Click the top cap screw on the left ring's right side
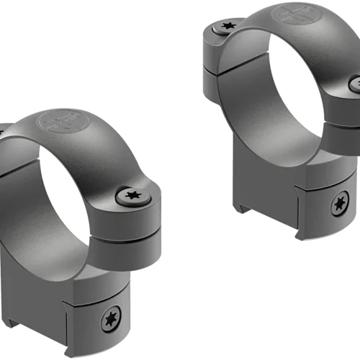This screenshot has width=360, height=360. point(132,196)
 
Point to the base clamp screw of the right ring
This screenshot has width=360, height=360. point(338,206)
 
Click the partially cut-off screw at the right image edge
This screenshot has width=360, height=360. point(356,84)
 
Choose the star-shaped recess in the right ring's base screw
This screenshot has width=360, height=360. point(338,206)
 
